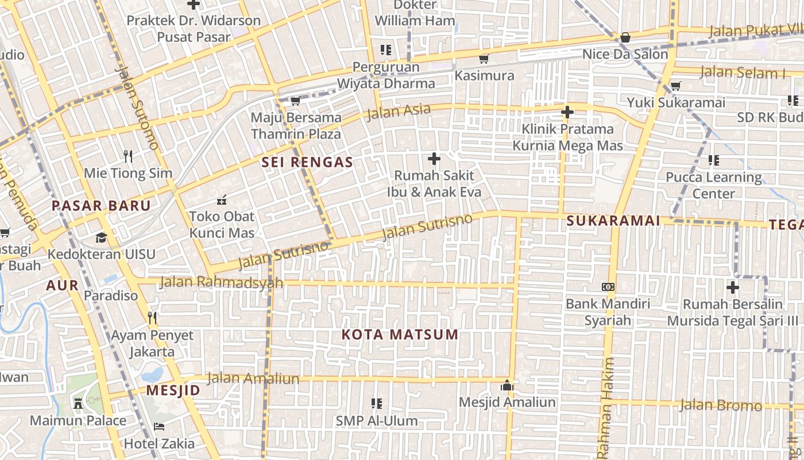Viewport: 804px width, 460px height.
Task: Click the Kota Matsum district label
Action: click(400, 335)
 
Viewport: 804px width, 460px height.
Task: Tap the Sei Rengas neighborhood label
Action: click(307, 163)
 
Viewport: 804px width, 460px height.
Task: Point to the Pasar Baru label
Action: click(101, 206)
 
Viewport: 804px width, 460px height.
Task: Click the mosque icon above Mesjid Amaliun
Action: click(507, 385)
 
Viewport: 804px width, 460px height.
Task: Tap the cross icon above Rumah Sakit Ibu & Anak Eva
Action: click(434, 159)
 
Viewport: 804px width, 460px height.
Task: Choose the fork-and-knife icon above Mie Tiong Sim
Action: click(128, 156)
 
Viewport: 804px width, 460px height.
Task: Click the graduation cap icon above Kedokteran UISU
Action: click(101, 237)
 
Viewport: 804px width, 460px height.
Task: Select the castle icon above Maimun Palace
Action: click(78, 403)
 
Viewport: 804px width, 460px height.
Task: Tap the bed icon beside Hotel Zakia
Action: click(159, 427)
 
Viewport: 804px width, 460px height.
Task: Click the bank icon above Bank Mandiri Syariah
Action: click(608, 286)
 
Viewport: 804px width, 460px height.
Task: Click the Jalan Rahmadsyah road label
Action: click(221, 282)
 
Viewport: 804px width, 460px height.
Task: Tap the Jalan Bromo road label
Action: click(721, 405)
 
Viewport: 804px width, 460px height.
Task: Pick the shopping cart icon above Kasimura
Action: click(484, 59)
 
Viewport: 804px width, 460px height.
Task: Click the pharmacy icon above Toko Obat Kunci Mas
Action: click(222, 200)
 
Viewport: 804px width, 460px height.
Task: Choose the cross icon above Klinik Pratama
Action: click(567, 112)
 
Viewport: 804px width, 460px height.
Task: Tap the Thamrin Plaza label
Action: click(296, 135)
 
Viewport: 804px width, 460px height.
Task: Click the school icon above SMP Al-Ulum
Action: click(377, 404)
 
